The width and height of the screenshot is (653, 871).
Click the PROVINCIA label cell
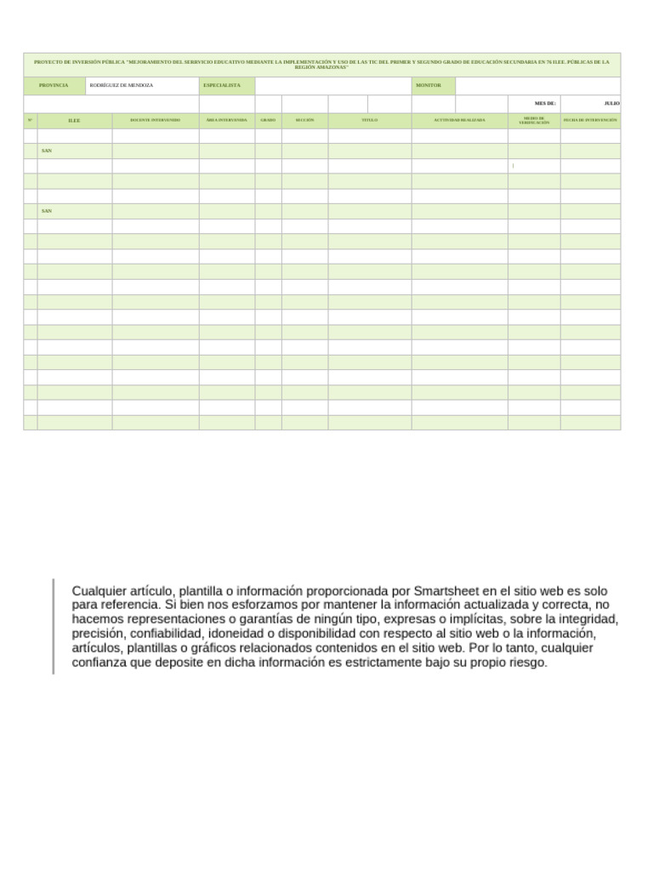[x=54, y=86]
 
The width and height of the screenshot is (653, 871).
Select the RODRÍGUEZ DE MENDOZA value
[x=122, y=86]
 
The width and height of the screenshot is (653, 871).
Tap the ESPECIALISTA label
[x=222, y=86]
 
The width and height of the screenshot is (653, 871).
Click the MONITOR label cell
[x=429, y=86]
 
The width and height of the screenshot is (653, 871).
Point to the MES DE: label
[x=545, y=103]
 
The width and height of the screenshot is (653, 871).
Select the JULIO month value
[x=611, y=103]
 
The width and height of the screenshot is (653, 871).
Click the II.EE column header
[x=74, y=121]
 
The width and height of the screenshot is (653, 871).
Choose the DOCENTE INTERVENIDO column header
[x=155, y=121]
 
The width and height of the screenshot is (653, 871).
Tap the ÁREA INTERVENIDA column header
[x=226, y=121]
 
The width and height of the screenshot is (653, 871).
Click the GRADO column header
[x=268, y=121]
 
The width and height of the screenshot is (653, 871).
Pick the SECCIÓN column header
[x=304, y=121]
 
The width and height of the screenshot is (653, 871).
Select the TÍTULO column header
[x=369, y=121]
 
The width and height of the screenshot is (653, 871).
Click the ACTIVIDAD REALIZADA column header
[x=459, y=121]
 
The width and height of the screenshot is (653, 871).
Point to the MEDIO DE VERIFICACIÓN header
[x=534, y=121]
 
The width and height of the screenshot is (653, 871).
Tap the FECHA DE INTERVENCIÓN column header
[x=590, y=121]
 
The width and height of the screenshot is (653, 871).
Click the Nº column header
[x=30, y=121]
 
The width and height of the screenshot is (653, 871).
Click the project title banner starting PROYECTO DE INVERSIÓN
[x=321, y=65]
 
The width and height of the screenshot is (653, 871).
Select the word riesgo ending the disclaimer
[x=527, y=663]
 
